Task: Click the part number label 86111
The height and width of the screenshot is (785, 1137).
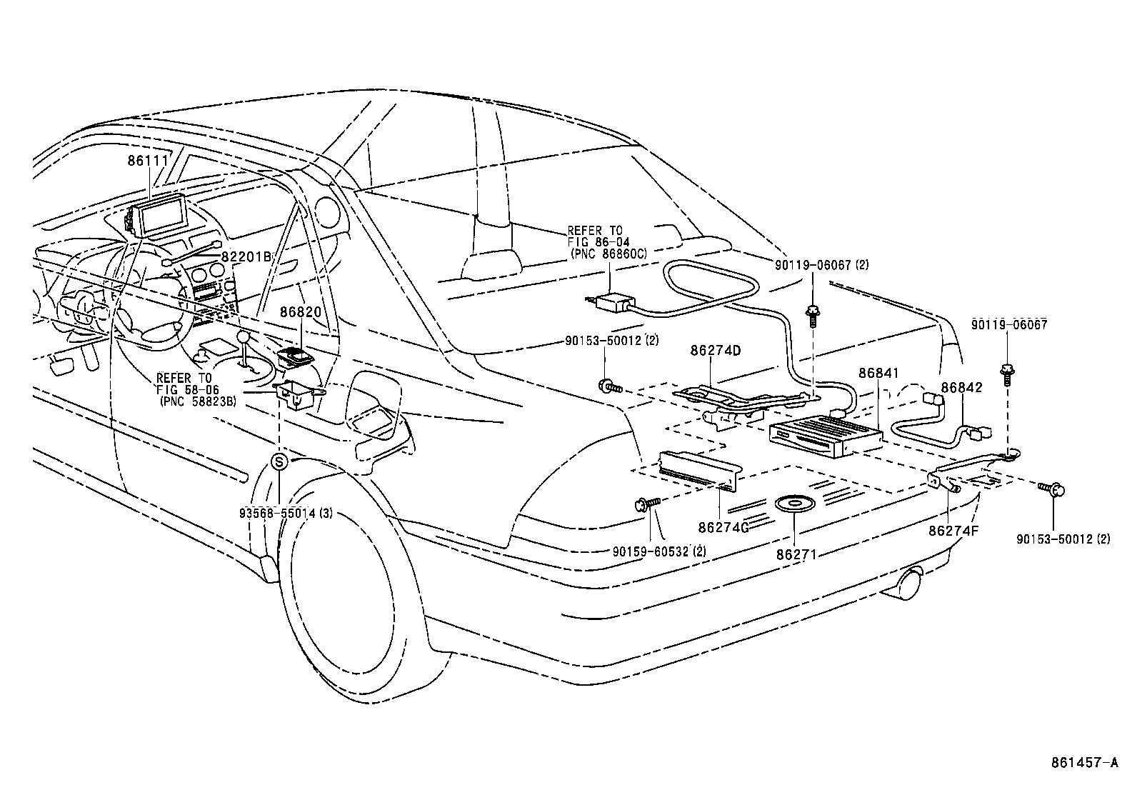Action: point(148,161)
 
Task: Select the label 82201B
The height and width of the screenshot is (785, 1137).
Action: point(246,256)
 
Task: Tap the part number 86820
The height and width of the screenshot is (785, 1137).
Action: point(301,312)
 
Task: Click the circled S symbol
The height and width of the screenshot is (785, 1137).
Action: point(279,461)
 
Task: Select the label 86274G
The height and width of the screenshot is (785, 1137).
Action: point(723,527)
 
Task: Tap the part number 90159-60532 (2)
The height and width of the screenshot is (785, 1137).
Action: point(659,551)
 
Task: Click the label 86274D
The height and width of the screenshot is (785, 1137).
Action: point(716,351)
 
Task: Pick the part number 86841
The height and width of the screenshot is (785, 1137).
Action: point(878,373)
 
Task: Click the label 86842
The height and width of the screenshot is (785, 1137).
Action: point(961,388)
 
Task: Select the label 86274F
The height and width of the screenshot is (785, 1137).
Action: point(953,531)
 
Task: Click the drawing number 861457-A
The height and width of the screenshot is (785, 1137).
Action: point(1084,763)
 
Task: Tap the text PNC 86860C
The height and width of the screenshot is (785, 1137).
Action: point(608,254)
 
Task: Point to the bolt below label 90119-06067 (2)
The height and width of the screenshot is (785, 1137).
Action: point(813,314)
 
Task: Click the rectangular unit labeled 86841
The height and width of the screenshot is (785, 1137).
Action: point(825,437)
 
